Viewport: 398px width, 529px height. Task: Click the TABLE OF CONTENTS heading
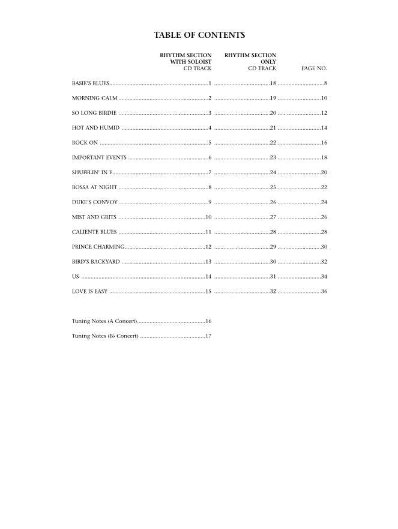(199, 35)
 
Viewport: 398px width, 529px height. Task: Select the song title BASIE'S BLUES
(90, 83)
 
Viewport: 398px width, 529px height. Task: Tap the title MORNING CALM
(94, 98)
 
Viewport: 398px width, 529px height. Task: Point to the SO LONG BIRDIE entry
(94, 113)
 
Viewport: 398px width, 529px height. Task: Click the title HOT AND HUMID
(95, 128)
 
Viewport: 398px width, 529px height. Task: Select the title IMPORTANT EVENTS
(99, 157)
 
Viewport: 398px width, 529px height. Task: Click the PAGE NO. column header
(314, 69)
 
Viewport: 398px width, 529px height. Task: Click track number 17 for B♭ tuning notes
(208, 336)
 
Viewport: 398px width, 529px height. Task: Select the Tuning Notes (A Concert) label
(104, 321)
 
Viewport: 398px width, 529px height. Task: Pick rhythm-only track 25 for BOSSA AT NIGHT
(273, 187)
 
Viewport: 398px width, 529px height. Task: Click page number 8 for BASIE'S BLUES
(325, 83)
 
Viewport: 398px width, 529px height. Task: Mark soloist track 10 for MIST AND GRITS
(208, 217)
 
